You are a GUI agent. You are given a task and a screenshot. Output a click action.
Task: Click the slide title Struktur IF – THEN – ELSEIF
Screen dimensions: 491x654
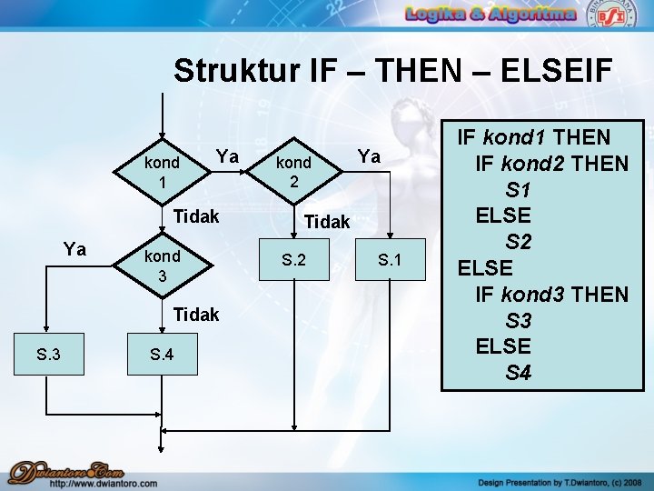393,71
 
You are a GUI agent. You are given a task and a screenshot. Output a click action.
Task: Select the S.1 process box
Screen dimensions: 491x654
391,260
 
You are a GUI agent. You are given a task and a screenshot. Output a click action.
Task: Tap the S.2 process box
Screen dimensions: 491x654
293,260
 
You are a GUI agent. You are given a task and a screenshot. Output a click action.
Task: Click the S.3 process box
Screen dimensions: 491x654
48,354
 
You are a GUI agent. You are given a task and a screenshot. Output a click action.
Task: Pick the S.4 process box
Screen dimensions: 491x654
161,354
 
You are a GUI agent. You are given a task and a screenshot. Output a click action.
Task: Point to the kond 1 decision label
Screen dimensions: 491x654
162,172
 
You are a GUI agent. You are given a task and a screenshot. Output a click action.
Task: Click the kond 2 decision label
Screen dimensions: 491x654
293,171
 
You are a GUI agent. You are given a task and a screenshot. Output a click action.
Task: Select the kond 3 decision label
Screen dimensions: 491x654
163,264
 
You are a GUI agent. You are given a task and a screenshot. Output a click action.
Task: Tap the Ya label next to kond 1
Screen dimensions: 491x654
227,156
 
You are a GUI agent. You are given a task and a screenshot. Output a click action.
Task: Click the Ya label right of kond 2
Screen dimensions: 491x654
369,156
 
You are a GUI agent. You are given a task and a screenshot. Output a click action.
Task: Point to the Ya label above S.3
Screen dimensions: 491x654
74,248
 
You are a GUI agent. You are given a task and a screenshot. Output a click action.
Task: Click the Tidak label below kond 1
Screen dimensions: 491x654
195,216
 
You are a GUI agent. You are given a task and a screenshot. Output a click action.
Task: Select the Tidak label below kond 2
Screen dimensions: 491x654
326,221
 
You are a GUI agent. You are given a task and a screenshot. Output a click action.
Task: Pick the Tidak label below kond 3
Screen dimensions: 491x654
195,315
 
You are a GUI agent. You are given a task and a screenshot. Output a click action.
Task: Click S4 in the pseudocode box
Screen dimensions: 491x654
518,372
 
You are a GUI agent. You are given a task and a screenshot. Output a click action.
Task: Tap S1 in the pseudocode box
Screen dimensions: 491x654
518,190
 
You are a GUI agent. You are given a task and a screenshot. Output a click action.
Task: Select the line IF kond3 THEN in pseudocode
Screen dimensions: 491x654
551,294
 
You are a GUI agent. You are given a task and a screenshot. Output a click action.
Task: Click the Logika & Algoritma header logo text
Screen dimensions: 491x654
490,14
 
